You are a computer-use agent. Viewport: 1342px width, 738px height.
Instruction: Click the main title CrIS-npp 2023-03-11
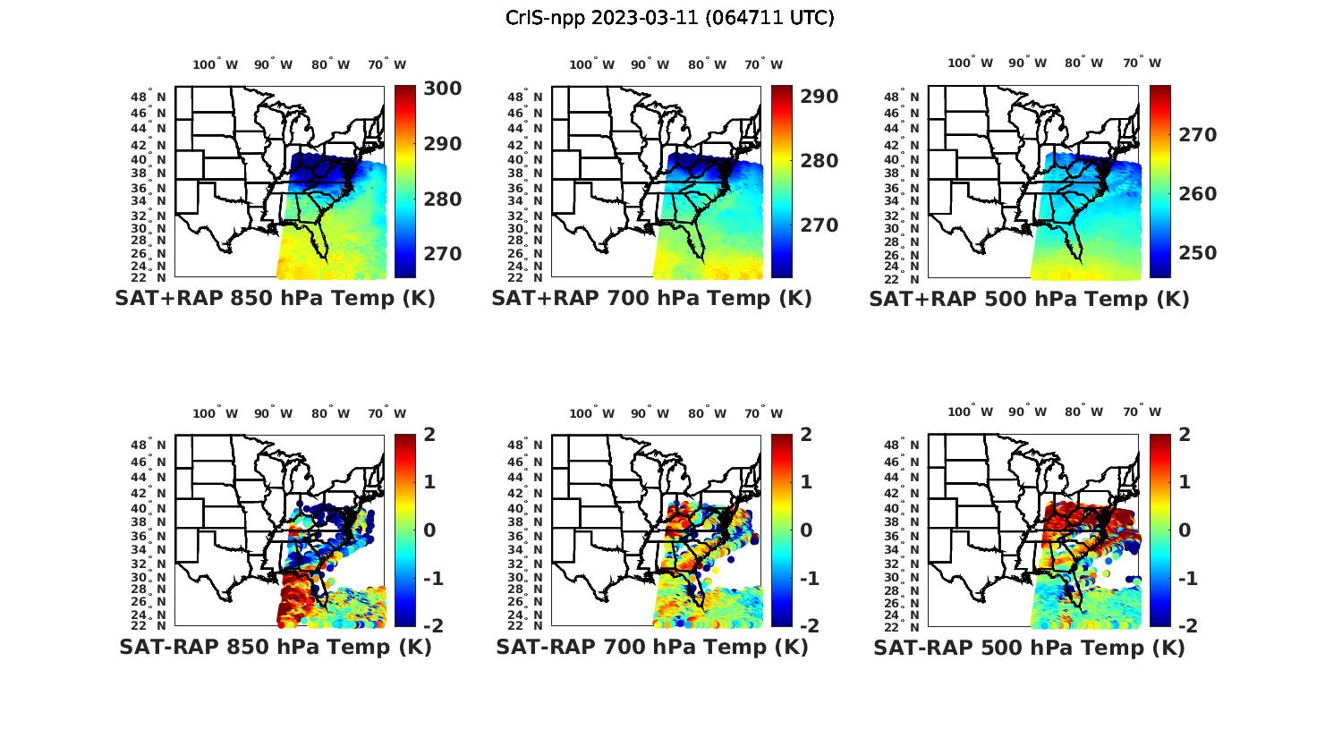(670, 18)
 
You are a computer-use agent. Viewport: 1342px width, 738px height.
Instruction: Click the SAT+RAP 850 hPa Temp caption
(275, 299)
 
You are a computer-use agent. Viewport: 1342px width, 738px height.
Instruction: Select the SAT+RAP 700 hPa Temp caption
(651, 299)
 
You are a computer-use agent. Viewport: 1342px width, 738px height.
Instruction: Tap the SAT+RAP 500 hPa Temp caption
(1029, 300)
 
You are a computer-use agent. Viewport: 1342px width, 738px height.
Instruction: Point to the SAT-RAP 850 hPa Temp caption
(275, 647)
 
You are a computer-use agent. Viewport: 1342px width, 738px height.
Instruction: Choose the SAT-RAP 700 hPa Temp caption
(651, 647)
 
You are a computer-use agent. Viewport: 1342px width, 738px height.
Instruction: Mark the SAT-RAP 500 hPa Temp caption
(1029, 648)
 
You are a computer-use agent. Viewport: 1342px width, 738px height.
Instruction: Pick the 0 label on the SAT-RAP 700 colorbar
(806, 530)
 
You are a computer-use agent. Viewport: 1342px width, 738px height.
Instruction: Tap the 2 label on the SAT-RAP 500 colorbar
(1184, 436)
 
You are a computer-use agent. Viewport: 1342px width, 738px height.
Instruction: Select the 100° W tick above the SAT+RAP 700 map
(591, 64)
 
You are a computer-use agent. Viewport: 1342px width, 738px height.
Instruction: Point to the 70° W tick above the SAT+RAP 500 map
(1142, 63)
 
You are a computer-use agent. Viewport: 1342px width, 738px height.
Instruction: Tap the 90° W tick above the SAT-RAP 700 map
(650, 413)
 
